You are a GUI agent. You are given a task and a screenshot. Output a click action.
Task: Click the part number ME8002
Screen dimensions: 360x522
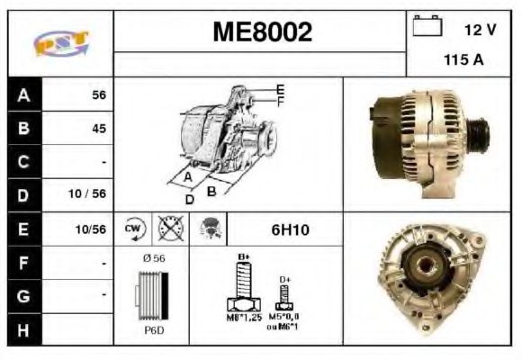pos(262,33)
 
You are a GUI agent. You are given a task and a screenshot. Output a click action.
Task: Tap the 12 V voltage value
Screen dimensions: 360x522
pos(480,30)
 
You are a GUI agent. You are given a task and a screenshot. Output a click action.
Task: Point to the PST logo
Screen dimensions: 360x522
pos(60,43)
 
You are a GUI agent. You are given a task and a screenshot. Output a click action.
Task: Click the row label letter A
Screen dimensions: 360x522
pos(23,94)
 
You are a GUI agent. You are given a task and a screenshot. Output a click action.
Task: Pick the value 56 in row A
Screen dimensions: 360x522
pos(99,94)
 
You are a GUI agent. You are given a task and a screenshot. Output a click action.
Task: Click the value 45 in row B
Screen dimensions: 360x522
pos(99,129)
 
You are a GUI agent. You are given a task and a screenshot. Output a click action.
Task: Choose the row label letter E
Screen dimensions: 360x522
pos(23,229)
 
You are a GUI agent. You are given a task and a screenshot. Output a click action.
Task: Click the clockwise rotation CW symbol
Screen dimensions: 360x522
pos(133,229)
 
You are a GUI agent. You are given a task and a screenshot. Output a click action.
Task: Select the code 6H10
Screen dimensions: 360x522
pos(290,229)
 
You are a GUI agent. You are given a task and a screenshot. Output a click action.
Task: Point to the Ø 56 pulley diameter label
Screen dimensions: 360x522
pos(153,258)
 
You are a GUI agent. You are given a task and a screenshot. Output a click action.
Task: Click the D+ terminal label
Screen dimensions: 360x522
pos(285,280)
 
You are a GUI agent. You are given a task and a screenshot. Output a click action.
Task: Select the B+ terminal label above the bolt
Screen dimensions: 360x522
pos(242,256)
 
